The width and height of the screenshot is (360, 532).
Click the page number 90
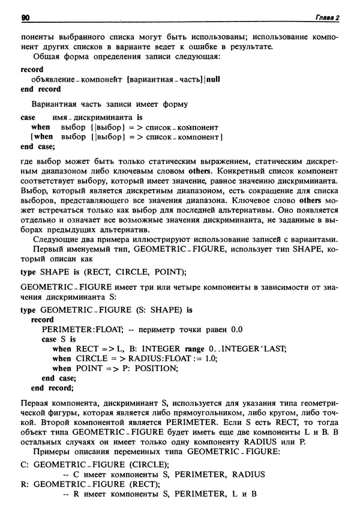25,18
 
